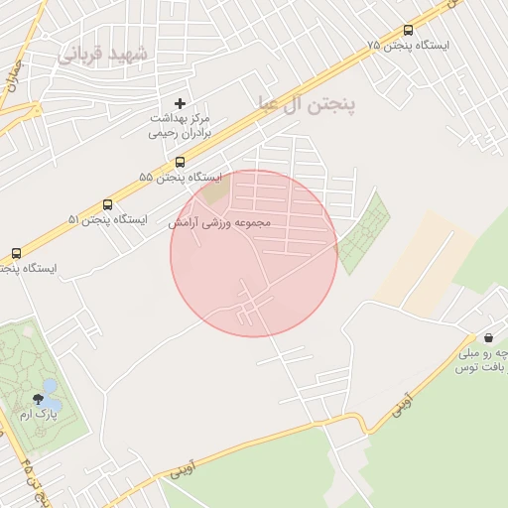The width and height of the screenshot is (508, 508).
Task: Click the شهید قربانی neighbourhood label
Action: click(101, 53)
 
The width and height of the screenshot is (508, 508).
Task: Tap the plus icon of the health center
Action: click(180, 103)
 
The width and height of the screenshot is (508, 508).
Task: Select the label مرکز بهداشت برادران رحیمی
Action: click(180, 124)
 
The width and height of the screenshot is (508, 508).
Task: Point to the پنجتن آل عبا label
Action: click(307, 101)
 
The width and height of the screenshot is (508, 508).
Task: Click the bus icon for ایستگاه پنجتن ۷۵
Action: click(408, 31)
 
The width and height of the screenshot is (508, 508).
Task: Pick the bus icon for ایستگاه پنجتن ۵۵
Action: click(180, 162)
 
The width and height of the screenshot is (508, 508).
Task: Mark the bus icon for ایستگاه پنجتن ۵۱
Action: click(107, 204)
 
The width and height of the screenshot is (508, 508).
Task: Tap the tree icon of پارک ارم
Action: click(39, 399)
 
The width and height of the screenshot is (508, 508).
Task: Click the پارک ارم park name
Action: click(39, 415)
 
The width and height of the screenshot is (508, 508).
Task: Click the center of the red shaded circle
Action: click(253, 253)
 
